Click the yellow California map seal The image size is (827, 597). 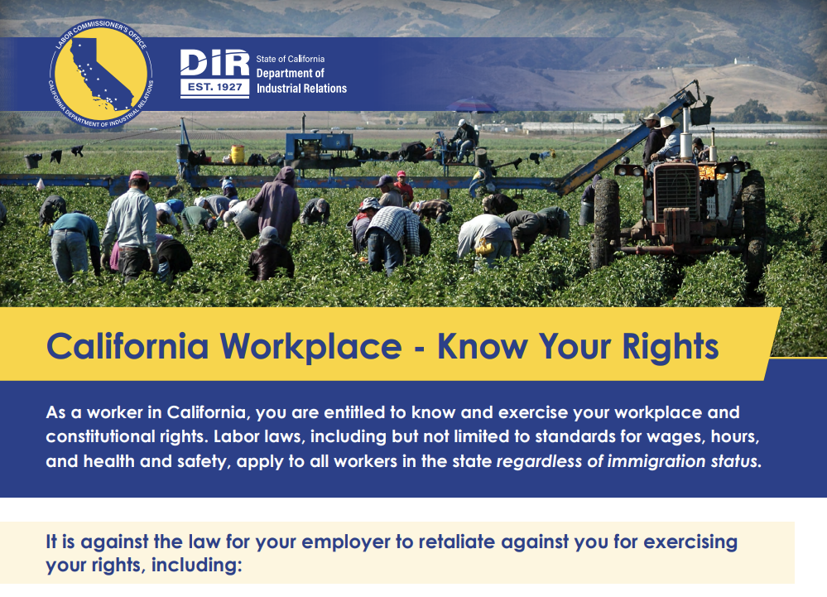tap(101, 74)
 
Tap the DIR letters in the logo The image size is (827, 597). tap(214, 63)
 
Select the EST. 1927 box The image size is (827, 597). tap(214, 88)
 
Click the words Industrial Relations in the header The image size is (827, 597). tap(301, 89)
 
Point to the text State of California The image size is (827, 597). tap(290, 59)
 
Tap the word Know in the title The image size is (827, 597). tap(482, 346)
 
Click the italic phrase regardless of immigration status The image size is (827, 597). tap(628, 461)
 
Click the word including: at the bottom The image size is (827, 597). tap(196, 566)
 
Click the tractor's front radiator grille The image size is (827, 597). tap(676, 192)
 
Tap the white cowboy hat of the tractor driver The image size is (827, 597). tap(666, 123)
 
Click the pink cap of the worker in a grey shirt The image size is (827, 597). tap(139, 175)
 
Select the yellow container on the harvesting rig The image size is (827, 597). tap(238, 154)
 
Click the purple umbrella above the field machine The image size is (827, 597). tap(472, 105)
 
